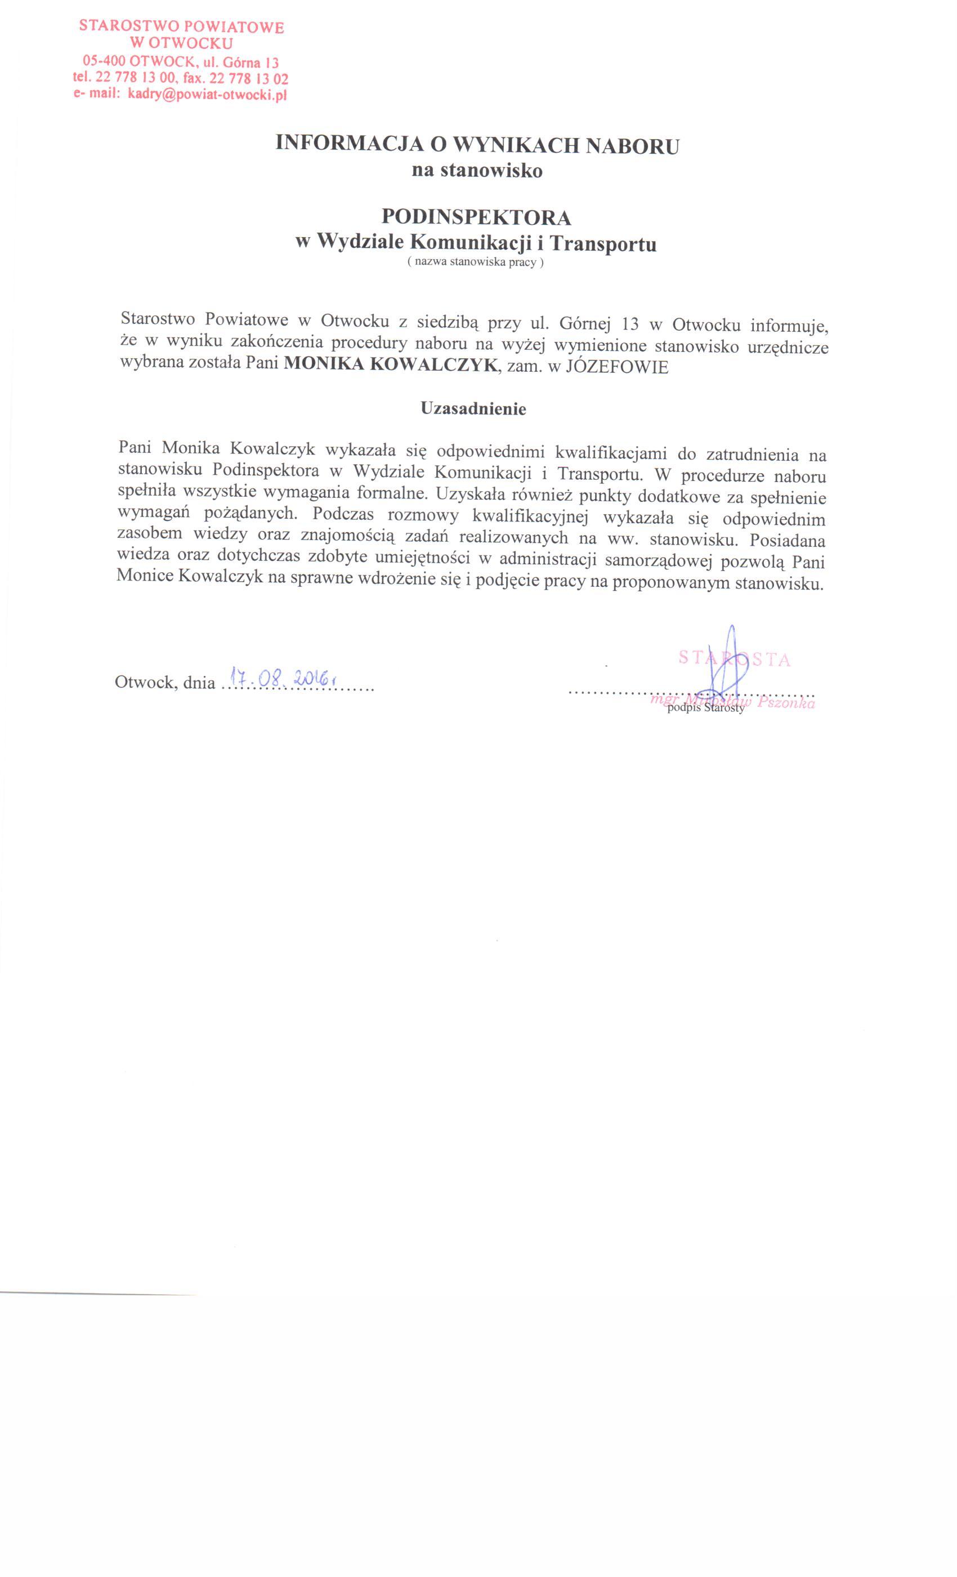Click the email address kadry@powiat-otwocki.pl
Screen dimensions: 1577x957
[207, 95]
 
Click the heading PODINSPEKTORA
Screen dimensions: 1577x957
[476, 217]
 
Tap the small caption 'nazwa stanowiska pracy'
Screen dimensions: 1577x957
[475, 262]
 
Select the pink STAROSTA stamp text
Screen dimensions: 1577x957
[734, 658]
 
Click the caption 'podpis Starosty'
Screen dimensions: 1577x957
[705, 709]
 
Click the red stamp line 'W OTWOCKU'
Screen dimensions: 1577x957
[181, 43]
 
